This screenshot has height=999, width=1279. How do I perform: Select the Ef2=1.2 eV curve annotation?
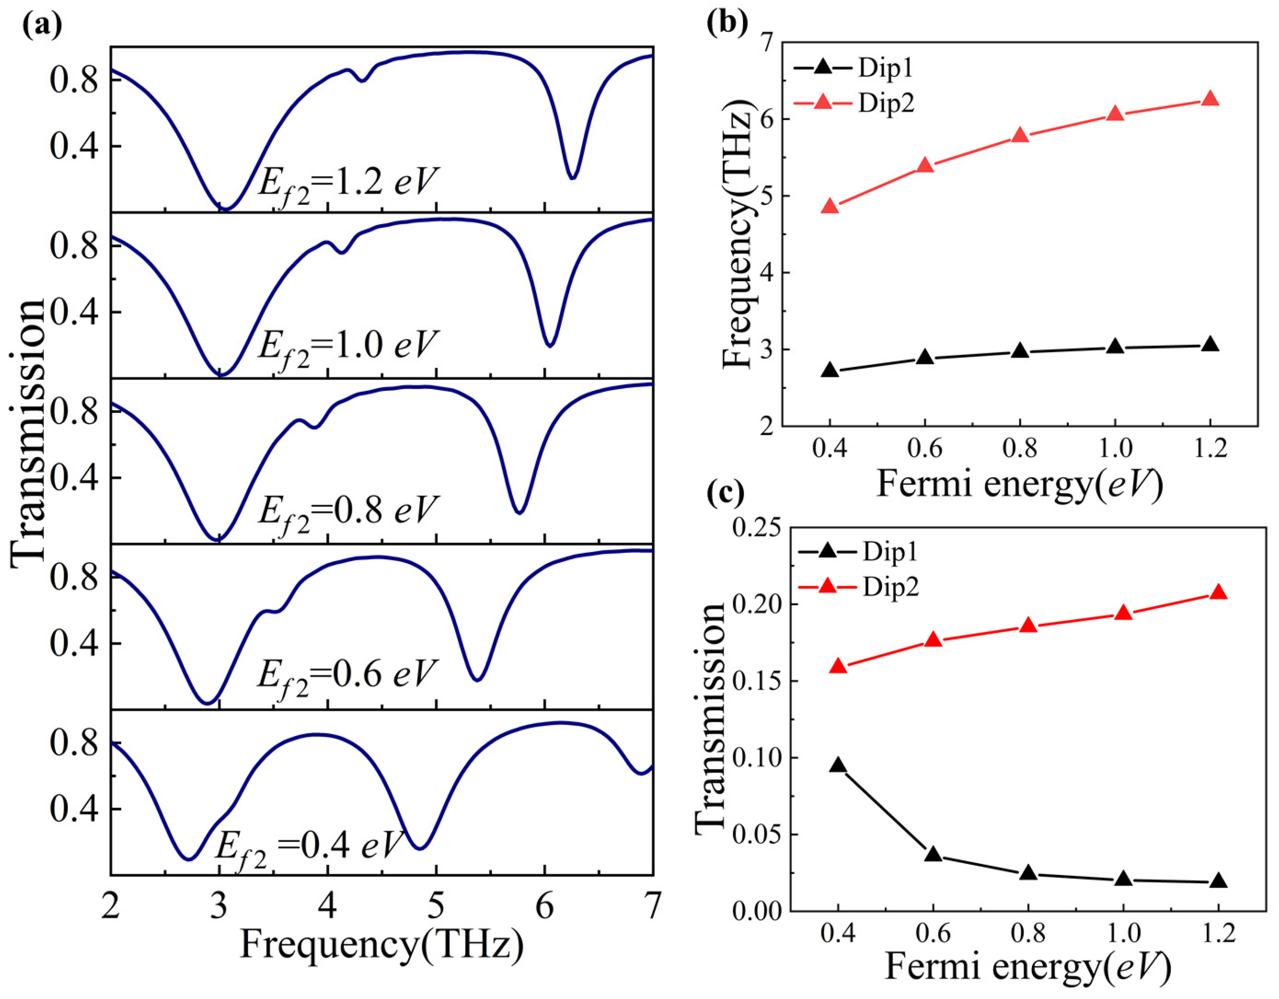(349, 183)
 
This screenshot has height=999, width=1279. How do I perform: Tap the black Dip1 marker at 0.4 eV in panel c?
(838, 765)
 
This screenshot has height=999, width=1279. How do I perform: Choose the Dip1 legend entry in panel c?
(857, 551)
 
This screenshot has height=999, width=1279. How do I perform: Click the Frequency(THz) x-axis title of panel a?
(381, 945)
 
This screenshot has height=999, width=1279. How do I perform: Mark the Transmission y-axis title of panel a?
(28, 432)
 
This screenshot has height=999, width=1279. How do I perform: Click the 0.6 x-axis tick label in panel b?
(924, 449)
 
